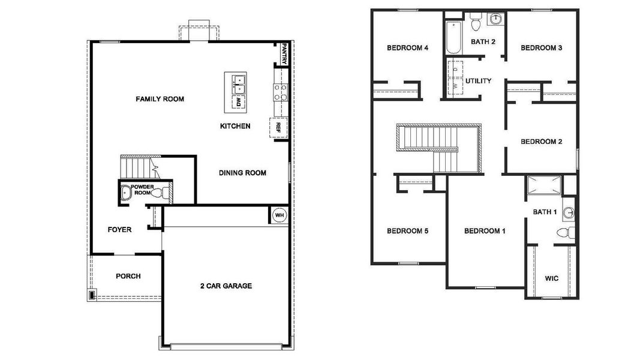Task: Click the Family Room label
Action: point(160,99)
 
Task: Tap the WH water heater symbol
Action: point(280,215)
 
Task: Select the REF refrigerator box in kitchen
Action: point(278,127)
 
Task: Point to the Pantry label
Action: point(284,53)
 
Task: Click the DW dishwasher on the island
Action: point(238,103)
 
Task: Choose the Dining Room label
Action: point(242,173)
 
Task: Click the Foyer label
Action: point(119,229)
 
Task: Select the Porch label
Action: point(128,276)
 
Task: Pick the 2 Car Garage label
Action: point(226,286)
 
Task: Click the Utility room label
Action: point(478,80)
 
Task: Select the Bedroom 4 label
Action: point(407,48)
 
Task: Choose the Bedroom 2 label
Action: point(541,142)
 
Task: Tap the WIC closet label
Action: point(552,278)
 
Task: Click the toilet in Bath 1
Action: point(564,233)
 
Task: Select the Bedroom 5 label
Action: point(407,231)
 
